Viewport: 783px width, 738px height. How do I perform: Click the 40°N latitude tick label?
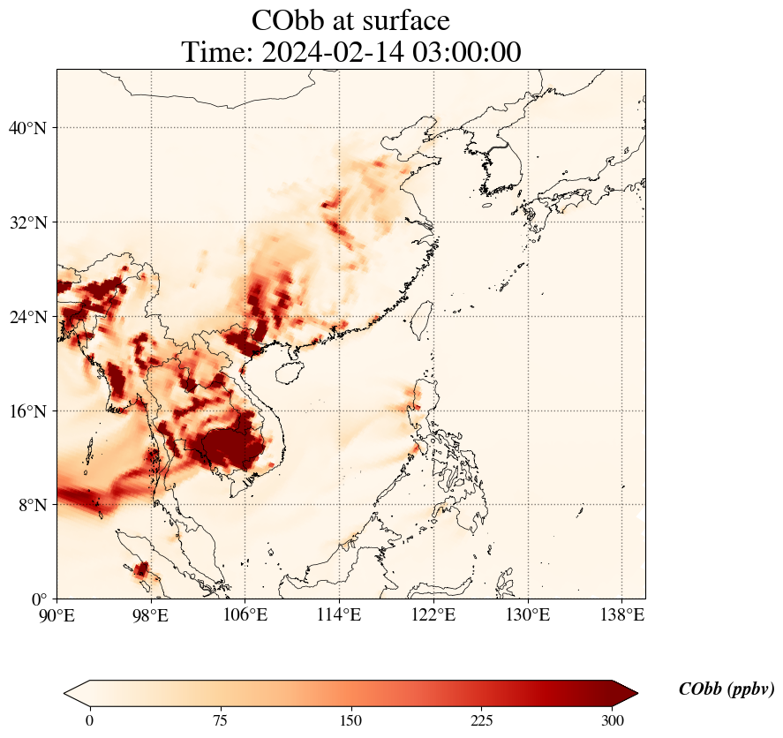coord(27,128)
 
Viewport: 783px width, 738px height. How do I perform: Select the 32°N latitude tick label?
coord(27,222)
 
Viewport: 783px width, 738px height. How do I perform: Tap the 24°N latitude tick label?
coord(27,317)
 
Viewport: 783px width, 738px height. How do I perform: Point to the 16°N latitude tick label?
coord(27,411)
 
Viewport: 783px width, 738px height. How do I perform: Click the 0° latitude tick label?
coord(40,599)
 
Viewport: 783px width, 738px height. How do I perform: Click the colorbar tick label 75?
coord(220,720)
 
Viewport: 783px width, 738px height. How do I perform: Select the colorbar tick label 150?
coord(351,720)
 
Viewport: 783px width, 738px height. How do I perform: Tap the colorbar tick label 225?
coord(482,720)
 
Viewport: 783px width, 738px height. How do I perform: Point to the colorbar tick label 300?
coord(613,720)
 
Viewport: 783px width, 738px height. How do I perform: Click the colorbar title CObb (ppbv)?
coord(727,689)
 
